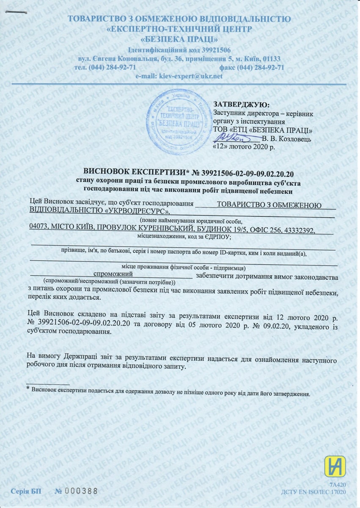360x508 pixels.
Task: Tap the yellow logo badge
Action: click(x=335, y=467)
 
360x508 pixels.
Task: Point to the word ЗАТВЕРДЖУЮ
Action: click(x=241, y=104)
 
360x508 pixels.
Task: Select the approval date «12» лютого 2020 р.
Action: click(x=243, y=148)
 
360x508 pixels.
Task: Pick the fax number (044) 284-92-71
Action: click(x=261, y=68)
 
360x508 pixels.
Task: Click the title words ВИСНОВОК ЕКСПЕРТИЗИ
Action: click(x=135, y=173)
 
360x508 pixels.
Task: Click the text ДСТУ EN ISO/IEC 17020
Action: click(x=313, y=492)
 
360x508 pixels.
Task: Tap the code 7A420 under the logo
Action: click(x=338, y=484)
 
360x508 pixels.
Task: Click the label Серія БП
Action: click(x=26, y=491)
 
